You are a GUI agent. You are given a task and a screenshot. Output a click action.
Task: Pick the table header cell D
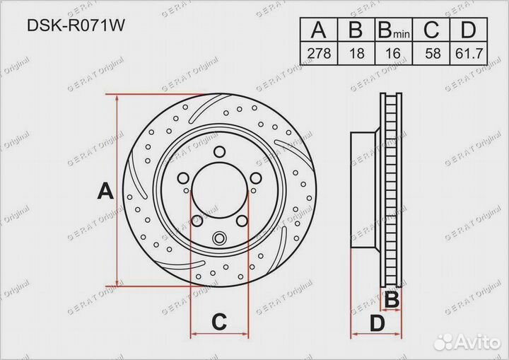467,30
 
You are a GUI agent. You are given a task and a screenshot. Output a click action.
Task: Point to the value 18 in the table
356,53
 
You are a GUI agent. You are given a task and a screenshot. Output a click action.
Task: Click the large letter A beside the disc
105,191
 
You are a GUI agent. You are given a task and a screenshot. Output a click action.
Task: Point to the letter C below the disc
219,322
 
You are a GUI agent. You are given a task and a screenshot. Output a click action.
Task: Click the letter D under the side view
378,323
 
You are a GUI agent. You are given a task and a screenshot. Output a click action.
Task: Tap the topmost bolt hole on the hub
220,150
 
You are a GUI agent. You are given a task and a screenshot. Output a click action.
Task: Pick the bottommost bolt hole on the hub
220,238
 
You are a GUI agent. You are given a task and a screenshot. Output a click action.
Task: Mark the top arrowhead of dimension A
117,100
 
